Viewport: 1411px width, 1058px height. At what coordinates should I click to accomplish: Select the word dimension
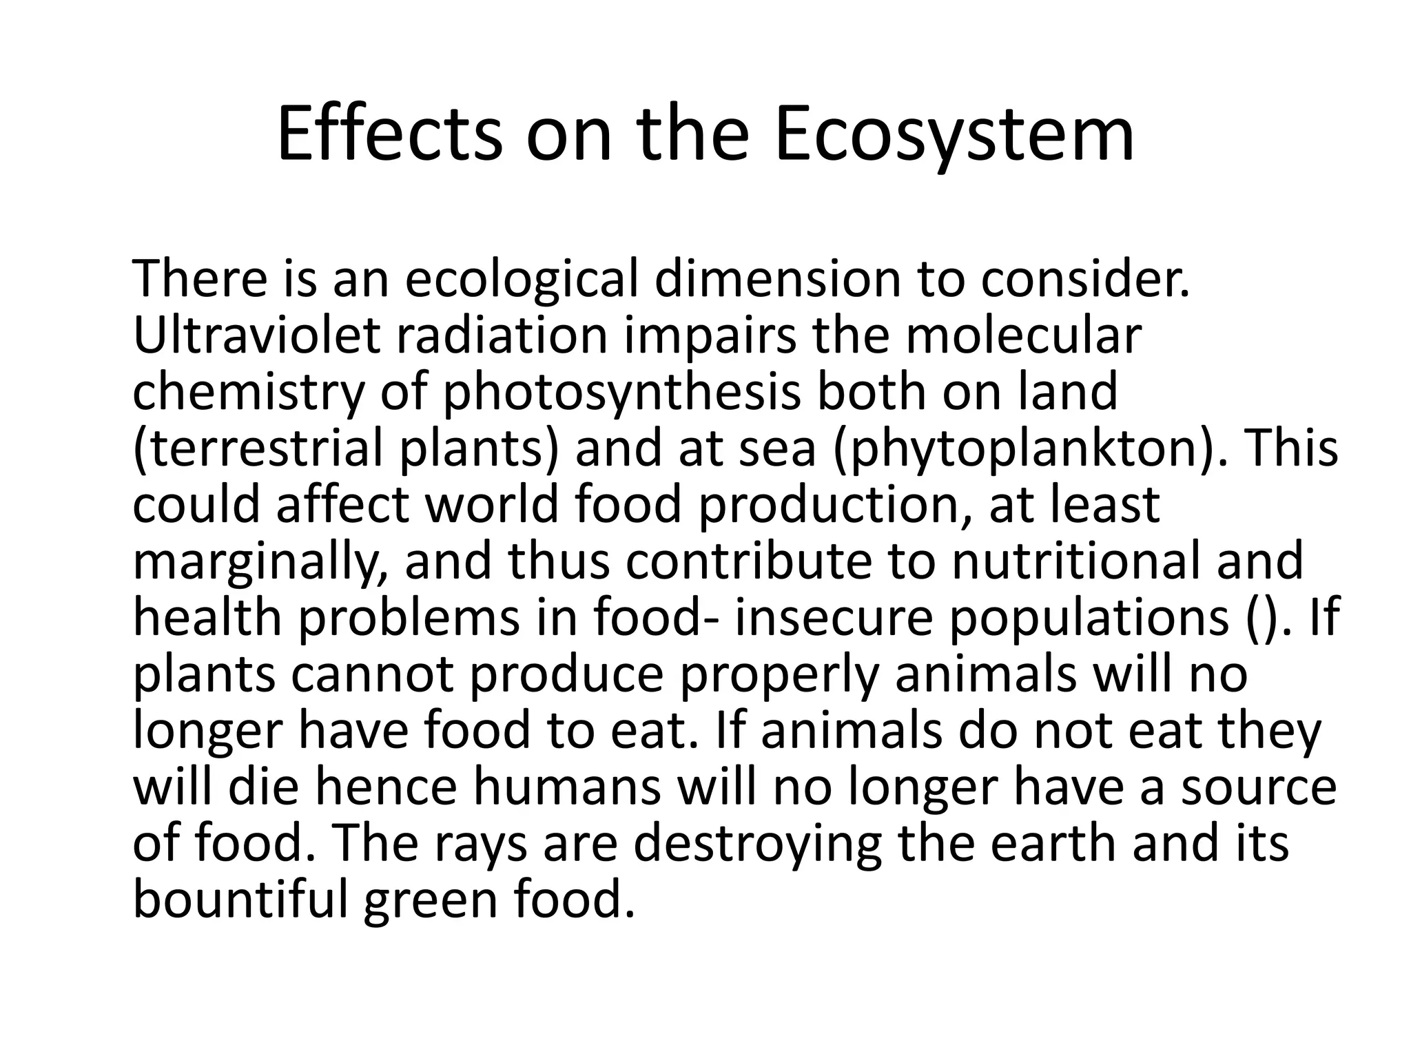click(x=778, y=280)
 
